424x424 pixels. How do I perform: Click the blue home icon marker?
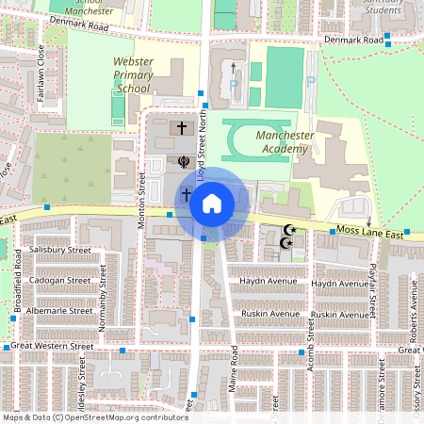click(x=212, y=203)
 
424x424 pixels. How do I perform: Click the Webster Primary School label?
click(x=133, y=74)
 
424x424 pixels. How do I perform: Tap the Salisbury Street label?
click(x=59, y=251)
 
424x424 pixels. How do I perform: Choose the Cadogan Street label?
click(x=59, y=280)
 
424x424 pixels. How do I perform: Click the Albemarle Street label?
click(x=59, y=310)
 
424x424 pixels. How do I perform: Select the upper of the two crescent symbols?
click(x=289, y=229)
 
